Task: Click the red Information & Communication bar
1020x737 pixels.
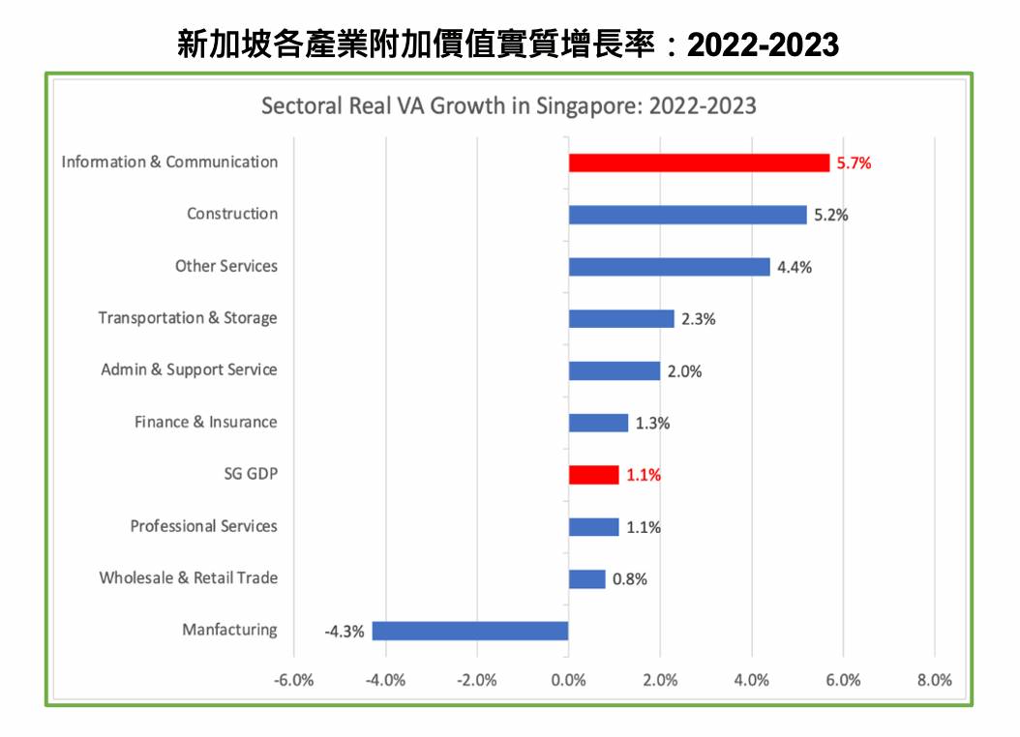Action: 699,162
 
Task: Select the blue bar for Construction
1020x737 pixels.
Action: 687,215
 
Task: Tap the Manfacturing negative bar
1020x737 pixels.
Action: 470,631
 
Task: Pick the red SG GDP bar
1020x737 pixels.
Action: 593,475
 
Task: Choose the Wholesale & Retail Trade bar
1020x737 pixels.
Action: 586,579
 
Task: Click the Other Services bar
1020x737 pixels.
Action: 669,267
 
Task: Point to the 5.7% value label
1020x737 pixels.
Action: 854,163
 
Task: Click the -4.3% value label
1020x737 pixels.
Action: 345,632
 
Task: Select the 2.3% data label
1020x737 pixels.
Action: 698,319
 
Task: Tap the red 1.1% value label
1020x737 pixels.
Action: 644,476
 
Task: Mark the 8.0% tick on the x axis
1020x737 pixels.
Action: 934,680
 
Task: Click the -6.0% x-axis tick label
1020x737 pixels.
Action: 294,680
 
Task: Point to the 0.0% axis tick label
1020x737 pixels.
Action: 568,680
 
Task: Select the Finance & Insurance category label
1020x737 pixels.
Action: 205,422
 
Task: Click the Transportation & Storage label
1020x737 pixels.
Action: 188,318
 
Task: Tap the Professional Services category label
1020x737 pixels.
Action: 203,526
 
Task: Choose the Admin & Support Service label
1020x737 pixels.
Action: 189,369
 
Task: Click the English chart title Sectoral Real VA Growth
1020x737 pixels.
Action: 509,105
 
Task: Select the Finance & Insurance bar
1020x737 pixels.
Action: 598,423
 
